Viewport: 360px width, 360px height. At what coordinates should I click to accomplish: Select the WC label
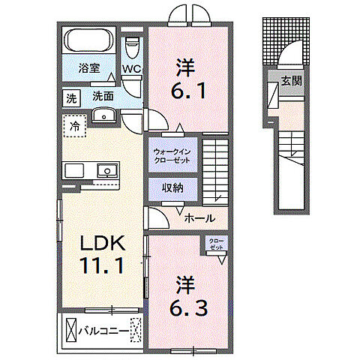132,70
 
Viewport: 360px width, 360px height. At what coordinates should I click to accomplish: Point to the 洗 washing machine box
70,97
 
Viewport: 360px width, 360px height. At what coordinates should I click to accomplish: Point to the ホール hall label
200,218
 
